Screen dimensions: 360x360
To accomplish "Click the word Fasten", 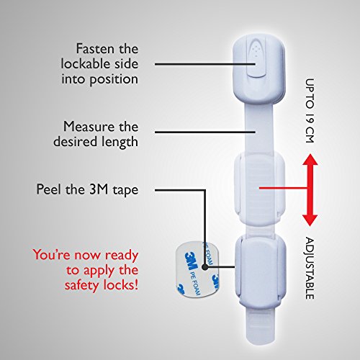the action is point(95,49).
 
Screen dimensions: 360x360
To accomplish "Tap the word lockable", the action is point(86,64).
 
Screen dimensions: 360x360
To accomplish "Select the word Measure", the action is point(89,127).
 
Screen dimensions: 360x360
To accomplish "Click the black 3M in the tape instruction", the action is point(99,189).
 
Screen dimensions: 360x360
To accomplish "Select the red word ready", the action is point(122,256).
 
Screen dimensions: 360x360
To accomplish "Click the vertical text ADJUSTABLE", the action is point(310,268).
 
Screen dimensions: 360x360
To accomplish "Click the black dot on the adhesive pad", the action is point(204,266).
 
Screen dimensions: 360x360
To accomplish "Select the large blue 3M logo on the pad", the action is point(192,261).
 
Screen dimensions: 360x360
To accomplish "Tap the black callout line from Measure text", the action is point(205,132).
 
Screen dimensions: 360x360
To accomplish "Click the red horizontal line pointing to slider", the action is point(284,188).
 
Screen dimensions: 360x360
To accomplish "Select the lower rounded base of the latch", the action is point(261,271).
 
